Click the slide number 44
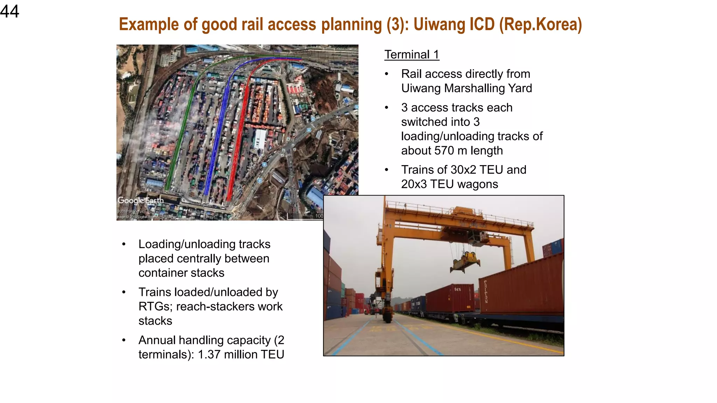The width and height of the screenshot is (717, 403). click(9, 11)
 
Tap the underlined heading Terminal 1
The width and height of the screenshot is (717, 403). click(411, 55)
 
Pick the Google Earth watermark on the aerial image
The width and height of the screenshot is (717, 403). click(140, 200)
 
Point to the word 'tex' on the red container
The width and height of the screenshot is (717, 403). click(458, 289)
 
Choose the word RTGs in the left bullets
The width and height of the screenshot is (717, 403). click(154, 307)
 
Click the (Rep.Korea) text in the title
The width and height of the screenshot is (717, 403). click(541, 24)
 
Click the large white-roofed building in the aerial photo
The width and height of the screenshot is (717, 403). click(260, 139)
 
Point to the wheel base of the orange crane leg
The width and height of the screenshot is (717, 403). click(387, 315)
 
